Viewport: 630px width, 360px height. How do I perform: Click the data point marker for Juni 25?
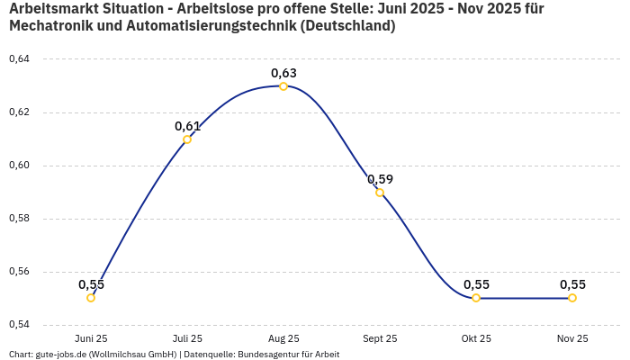click(91, 298)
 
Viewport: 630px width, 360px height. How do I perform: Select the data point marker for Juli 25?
click(187, 139)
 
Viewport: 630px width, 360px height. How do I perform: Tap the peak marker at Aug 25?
click(283, 86)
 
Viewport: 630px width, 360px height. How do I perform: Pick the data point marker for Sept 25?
click(380, 193)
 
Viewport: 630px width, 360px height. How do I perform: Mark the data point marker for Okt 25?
click(476, 298)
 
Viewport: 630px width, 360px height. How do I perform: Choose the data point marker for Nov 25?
click(572, 298)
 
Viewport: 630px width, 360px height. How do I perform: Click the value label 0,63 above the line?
click(283, 73)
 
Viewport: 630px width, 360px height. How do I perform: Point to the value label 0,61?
click(187, 126)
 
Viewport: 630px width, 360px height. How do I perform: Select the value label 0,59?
click(380, 179)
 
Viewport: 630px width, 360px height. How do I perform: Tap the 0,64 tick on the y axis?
click(19, 59)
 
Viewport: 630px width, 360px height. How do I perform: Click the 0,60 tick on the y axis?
click(19, 166)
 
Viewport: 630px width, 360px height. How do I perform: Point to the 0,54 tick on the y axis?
click(19, 324)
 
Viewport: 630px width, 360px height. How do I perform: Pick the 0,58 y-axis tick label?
click(19, 219)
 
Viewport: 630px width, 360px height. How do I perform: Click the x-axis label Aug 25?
click(283, 338)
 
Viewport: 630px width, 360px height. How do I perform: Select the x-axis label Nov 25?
click(572, 338)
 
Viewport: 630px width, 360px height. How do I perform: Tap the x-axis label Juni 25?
click(91, 338)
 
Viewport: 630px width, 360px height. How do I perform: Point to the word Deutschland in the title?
click(347, 26)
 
